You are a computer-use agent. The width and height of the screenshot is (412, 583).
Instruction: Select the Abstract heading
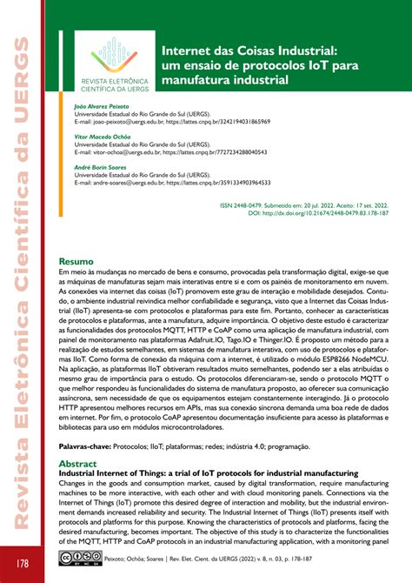(x=79, y=465)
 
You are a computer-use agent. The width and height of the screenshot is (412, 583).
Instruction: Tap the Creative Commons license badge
(x=73, y=556)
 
